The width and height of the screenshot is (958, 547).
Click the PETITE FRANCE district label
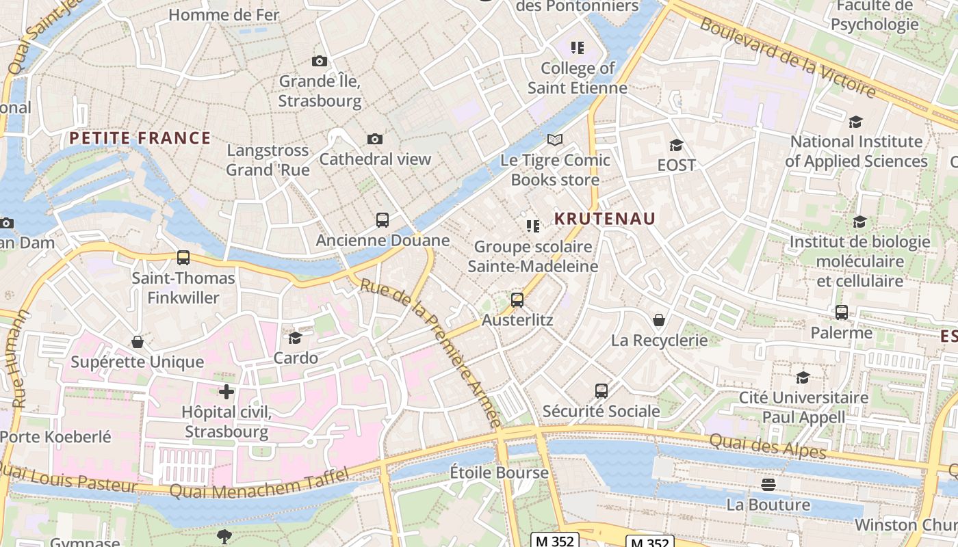pyautogui.click(x=140, y=138)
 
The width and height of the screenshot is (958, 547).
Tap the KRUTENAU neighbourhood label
pyautogui.click(x=605, y=219)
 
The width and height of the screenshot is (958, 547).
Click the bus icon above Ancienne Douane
pyautogui.click(x=383, y=220)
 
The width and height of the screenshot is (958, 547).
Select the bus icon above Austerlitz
pyautogui.click(x=517, y=299)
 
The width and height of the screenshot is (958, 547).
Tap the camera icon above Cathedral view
pyautogui.click(x=374, y=139)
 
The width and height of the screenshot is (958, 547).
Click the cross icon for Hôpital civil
pyautogui.click(x=226, y=392)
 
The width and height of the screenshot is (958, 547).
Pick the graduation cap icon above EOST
pyautogui.click(x=676, y=145)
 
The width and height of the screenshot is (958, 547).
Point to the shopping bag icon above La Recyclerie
pyautogui.click(x=659, y=319)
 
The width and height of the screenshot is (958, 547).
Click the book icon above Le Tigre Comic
pyautogui.click(x=555, y=140)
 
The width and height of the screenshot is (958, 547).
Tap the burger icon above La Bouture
pyautogui.click(x=768, y=485)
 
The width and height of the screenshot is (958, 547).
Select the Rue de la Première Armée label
pyautogui.click(x=431, y=352)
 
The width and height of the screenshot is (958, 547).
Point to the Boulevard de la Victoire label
pyautogui.click(x=787, y=57)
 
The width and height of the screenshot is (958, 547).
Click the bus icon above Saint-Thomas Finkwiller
pyautogui.click(x=183, y=258)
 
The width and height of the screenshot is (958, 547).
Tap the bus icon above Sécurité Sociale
pyautogui.click(x=601, y=390)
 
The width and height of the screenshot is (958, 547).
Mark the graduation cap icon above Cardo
pyautogui.click(x=296, y=338)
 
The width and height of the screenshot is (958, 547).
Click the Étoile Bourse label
pyautogui.click(x=499, y=472)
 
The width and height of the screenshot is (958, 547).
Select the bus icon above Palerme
pyautogui.click(x=842, y=312)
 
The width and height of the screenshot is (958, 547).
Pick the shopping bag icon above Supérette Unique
pyautogui.click(x=138, y=341)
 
